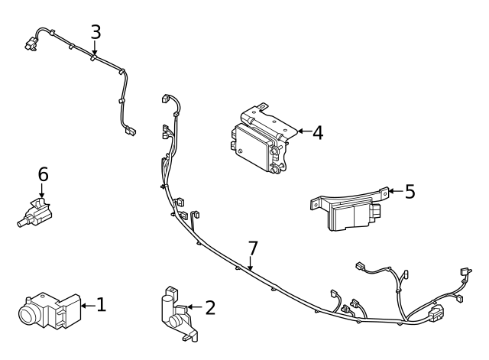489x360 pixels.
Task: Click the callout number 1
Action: (101, 305)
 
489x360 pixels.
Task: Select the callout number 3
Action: (95, 32)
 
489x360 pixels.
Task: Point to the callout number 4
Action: (317, 132)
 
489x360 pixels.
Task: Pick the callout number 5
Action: (410, 191)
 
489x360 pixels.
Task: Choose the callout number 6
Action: (43, 175)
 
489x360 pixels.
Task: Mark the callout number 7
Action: (253, 248)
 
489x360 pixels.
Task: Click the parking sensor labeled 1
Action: (50, 310)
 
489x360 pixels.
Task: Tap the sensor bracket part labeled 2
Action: (177, 313)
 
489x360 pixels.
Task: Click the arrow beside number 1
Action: (86, 306)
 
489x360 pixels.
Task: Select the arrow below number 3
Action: (95, 49)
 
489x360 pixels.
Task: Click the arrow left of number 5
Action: (394, 191)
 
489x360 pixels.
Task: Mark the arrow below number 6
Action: (43, 192)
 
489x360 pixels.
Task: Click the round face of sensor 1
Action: (30, 313)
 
